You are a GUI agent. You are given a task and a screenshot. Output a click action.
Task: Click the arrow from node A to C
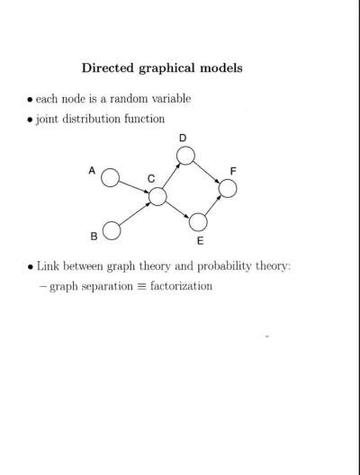[x=134, y=187]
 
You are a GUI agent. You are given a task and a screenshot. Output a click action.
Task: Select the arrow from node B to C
[x=135, y=214]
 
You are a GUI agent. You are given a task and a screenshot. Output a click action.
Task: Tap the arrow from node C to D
[x=172, y=175]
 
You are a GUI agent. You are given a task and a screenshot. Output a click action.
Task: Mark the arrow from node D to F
[x=207, y=172]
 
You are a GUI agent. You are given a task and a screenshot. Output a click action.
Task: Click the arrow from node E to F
[x=212, y=205]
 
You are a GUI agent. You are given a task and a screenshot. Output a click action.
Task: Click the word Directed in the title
[x=108, y=67]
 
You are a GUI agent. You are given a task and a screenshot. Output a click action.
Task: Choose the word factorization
[x=181, y=286]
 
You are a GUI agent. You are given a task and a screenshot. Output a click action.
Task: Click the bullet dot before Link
[x=30, y=267]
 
